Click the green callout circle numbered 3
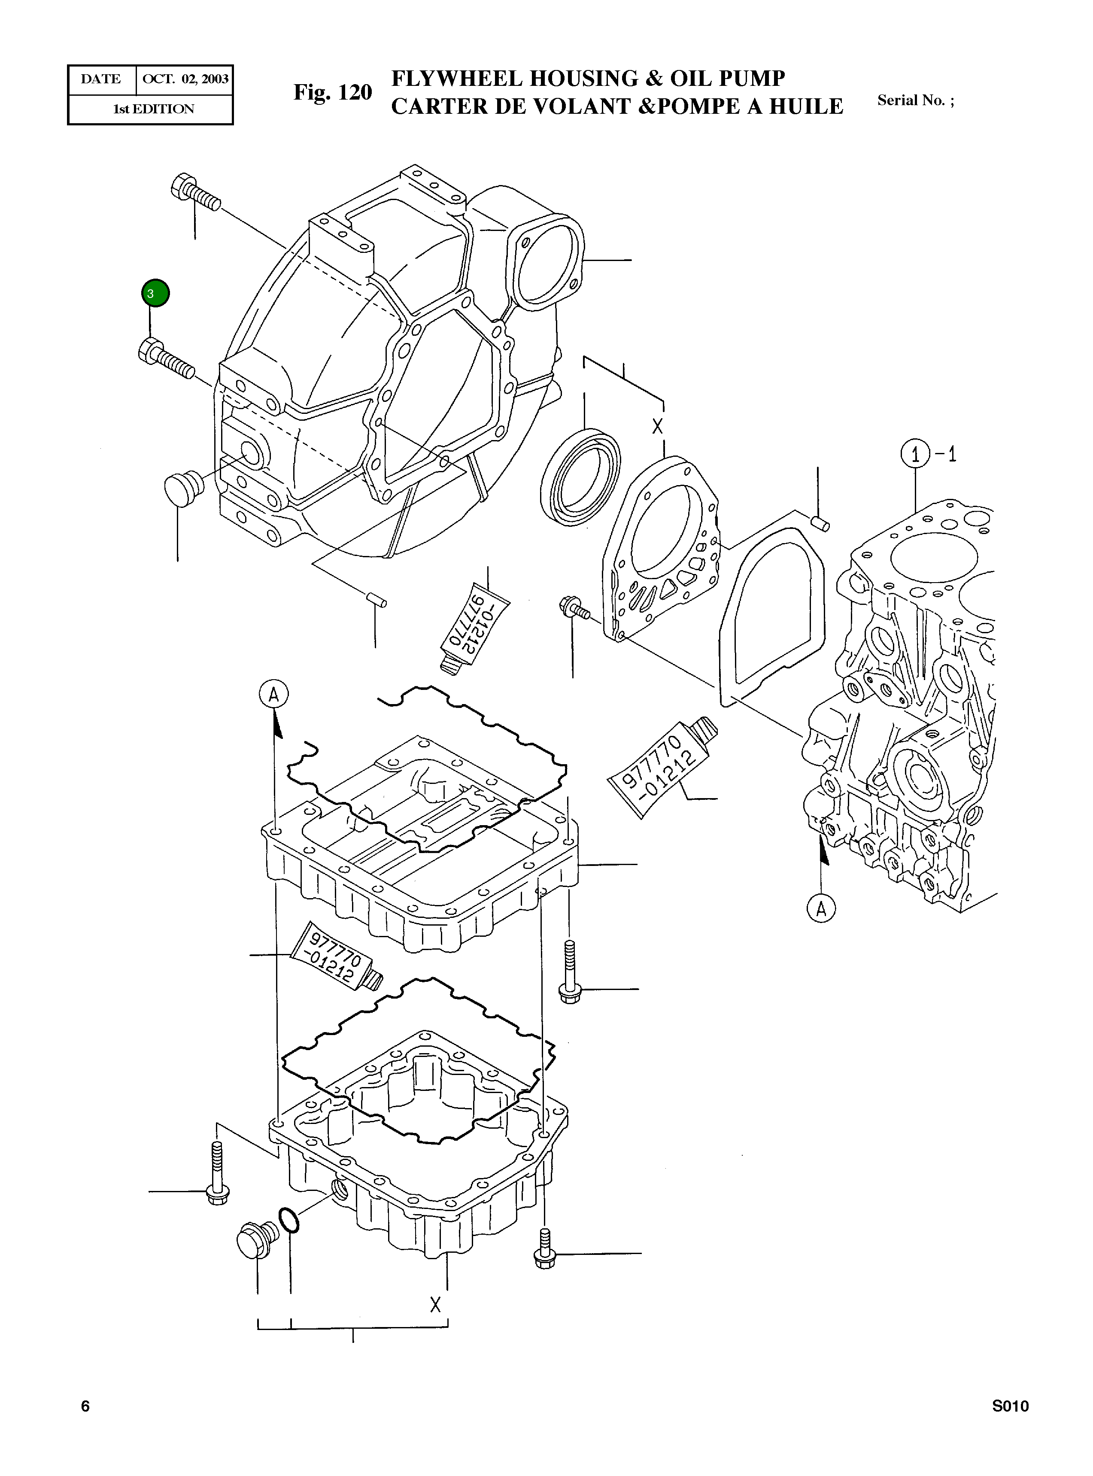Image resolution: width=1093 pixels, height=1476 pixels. tap(155, 293)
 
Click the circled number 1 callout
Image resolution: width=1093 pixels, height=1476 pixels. tap(915, 455)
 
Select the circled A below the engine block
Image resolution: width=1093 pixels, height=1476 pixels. tap(821, 908)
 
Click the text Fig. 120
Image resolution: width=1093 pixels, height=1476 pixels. tap(333, 93)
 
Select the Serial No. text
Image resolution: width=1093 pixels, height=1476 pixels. tap(915, 100)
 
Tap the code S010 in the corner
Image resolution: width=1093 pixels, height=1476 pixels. tap(1010, 1424)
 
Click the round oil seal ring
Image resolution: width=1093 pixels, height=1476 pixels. tap(580, 477)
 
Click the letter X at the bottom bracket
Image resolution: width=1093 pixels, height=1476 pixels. tap(435, 1303)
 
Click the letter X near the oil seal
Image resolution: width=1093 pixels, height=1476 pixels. tap(657, 425)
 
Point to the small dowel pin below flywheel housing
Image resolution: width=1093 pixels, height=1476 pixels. tap(377, 599)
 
